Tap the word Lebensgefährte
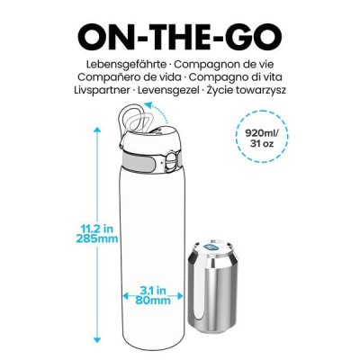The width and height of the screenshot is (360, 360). coord(113,67)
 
